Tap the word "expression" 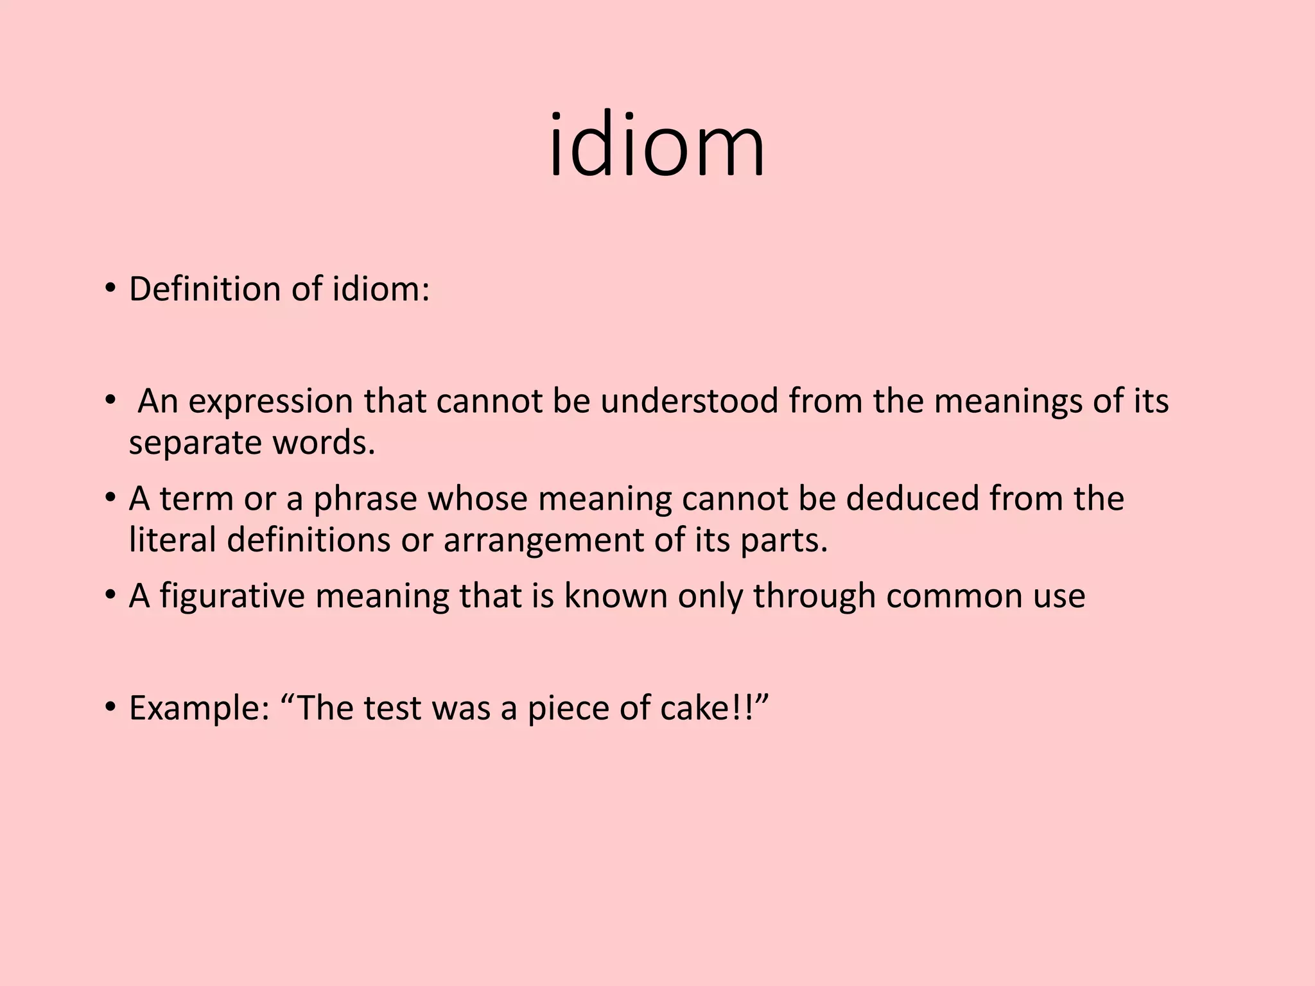tap(270, 402)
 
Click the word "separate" tap(195, 444)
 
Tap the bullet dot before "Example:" tap(110, 707)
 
